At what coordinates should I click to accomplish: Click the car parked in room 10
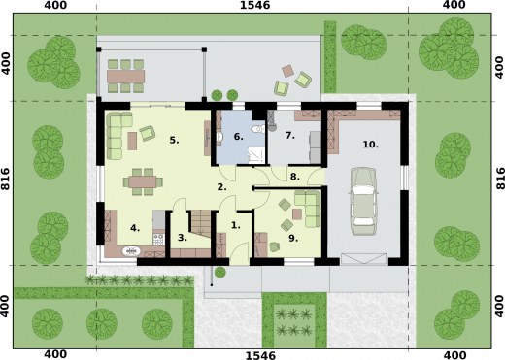click(x=364, y=201)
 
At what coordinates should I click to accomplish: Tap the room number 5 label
click(x=174, y=141)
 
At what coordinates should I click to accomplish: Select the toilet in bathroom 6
click(x=259, y=129)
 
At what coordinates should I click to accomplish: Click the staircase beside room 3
click(x=200, y=223)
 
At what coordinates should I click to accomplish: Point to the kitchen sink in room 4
click(x=131, y=251)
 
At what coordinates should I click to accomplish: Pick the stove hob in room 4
click(x=158, y=239)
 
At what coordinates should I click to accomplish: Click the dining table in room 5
click(x=143, y=181)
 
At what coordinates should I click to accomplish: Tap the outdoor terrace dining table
click(x=126, y=77)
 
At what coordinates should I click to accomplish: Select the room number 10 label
click(x=370, y=145)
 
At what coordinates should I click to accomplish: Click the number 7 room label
click(x=290, y=136)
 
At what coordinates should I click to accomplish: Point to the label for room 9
click(x=293, y=239)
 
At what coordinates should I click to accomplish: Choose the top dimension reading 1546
click(x=254, y=5)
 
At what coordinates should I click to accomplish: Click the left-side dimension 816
click(x=6, y=179)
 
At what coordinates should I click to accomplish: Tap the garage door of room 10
click(x=364, y=259)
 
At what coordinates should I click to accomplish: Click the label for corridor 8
click(x=295, y=177)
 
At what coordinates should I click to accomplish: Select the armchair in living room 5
click(x=148, y=133)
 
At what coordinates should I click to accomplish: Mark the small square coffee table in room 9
click(x=297, y=214)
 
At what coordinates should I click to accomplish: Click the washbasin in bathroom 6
click(x=219, y=137)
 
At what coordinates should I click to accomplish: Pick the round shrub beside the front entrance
click(x=220, y=272)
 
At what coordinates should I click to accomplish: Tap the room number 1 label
click(x=236, y=225)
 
